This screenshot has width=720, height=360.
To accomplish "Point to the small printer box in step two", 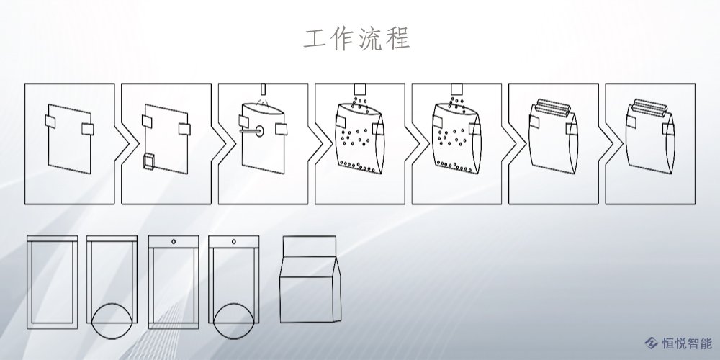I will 150,161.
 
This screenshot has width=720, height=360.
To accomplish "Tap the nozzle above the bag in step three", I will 263,89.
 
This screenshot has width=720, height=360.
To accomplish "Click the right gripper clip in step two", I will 184,128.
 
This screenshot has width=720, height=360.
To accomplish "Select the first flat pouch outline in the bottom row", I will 52,280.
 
